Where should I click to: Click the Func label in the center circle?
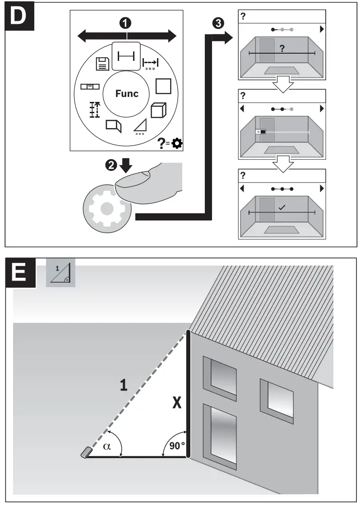[x=127, y=93]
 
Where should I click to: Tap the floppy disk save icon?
[x=102, y=64]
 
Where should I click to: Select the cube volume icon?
[x=158, y=110]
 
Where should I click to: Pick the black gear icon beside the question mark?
[x=177, y=144]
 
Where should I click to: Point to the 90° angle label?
[x=177, y=445]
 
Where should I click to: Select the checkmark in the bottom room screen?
[x=282, y=207]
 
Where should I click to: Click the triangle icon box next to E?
[x=60, y=273]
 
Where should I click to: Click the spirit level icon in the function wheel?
[x=90, y=86]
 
